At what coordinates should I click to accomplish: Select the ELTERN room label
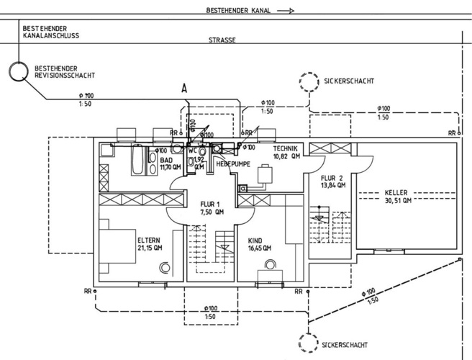point(148,240)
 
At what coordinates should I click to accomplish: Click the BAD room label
point(166,160)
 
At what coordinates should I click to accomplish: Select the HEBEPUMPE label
point(232,165)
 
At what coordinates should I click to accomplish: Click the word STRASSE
point(222,41)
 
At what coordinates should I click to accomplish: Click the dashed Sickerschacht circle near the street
point(309,81)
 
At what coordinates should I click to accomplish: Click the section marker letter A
point(183,88)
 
